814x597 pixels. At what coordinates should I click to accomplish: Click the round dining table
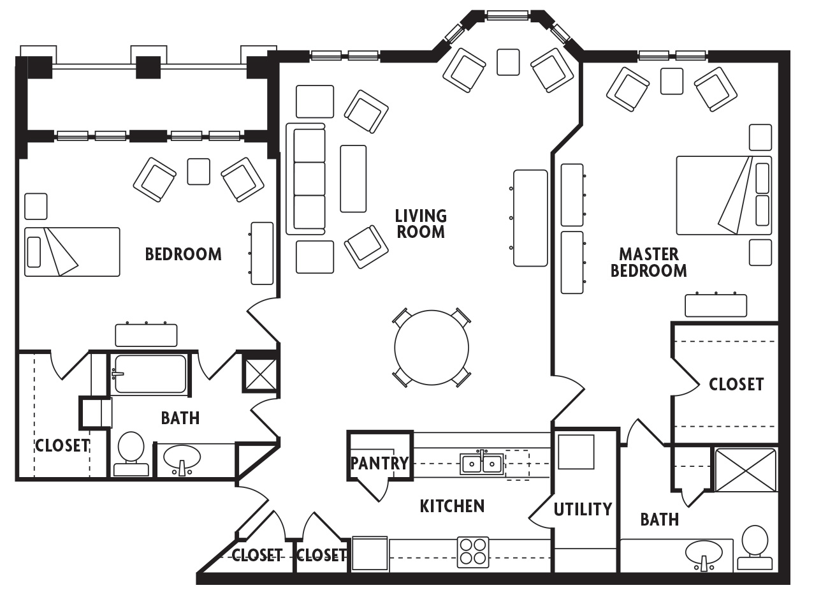(432, 348)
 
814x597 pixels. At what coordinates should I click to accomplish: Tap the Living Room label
(420, 224)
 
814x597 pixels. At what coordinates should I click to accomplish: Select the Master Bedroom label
(648, 262)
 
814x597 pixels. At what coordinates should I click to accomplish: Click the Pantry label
(379, 463)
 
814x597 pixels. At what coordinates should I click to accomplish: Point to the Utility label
(583, 509)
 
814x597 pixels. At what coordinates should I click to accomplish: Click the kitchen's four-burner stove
(473, 552)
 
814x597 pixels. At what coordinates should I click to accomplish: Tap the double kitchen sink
(482, 463)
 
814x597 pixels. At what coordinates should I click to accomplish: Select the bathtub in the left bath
(150, 374)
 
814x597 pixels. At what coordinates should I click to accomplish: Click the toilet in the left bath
(131, 453)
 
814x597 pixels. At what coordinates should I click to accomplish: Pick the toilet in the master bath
(755, 547)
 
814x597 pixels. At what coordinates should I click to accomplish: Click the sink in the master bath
(704, 553)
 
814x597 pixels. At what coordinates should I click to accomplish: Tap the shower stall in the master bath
(746, 469)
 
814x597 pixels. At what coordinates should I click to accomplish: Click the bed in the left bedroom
(72, 252)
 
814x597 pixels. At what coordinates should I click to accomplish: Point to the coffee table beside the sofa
(353, 179)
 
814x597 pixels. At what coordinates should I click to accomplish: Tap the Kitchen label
(452, 506)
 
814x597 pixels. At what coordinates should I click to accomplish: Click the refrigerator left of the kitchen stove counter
(370, 554)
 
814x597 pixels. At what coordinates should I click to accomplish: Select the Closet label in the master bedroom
(736, 384)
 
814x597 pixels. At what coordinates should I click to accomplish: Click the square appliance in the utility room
(576, 452)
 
